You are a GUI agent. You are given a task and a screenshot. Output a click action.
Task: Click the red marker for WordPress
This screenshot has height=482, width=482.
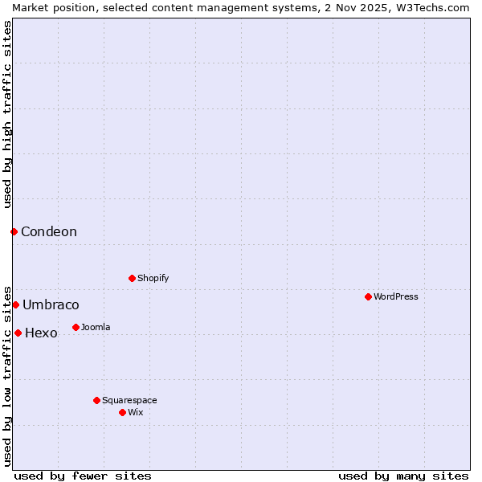(368, 296)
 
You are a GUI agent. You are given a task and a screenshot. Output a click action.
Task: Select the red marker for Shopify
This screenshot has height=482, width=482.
(132, 278)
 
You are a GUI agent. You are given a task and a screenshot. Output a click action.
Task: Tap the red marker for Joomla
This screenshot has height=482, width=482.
(76, 327)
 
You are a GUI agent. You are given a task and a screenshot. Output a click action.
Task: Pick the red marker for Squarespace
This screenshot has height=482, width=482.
(96, 400)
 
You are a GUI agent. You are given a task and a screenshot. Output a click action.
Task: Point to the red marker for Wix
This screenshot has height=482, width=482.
(122, 412)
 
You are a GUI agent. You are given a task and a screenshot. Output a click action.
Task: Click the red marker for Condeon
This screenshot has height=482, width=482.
(14, 231)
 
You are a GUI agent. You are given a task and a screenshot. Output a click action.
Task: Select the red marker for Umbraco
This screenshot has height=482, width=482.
(15, 304)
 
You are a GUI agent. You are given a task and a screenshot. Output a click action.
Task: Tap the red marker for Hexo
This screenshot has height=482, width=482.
(18, 333)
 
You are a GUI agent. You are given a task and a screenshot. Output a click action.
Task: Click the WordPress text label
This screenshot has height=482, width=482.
(395, 296)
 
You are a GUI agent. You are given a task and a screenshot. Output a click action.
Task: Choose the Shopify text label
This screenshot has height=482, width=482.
(153, 278)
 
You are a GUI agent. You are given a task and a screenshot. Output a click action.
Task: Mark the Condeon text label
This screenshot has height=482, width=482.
(49, 231)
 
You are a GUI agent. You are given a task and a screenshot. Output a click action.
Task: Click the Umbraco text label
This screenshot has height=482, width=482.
(51, 304)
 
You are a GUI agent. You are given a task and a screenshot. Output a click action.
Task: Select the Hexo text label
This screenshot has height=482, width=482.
(41, 333)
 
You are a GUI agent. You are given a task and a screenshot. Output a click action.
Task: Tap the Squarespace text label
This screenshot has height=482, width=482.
(129, 400)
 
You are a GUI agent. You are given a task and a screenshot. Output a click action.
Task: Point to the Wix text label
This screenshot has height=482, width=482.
(135, 412)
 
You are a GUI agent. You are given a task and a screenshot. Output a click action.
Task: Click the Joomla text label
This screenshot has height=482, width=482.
(96, 327)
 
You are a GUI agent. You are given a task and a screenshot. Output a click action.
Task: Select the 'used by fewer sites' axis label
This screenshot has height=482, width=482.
(83, 476)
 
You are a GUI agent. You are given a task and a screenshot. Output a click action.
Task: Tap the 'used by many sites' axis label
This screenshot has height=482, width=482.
(403, 476)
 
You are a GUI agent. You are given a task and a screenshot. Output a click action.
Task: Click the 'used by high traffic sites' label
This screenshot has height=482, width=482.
(7, 114)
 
